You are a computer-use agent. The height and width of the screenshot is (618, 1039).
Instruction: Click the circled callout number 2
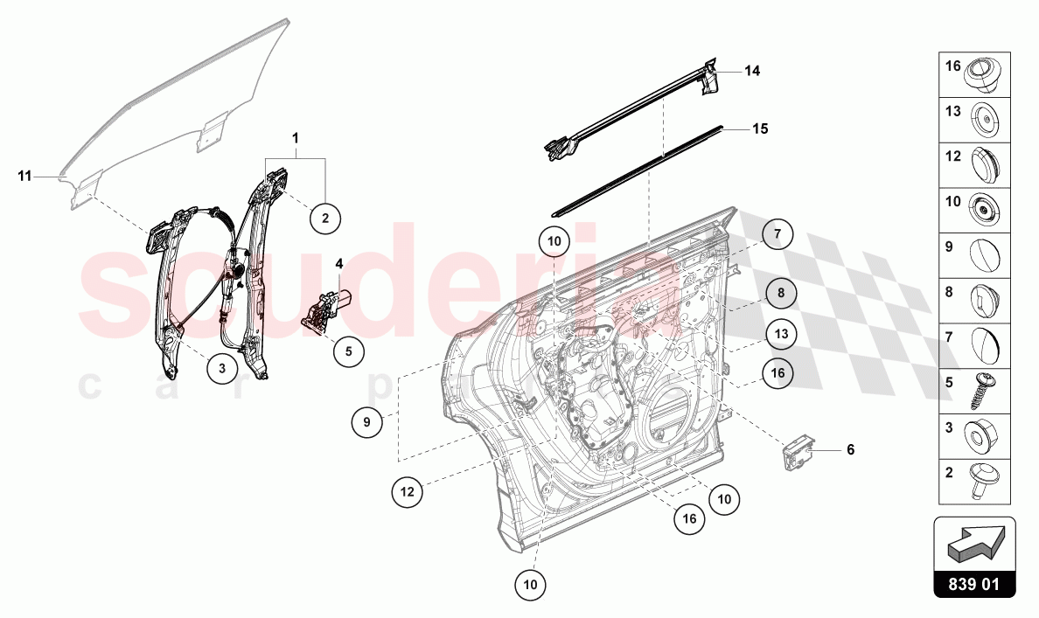[x=324, y=218]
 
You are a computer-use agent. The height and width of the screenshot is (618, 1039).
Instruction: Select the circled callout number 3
[x=222, y=369]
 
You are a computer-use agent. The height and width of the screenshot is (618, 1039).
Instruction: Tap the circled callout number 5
[x=348, y=351]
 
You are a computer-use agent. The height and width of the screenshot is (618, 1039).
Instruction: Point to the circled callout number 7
[x=776, y=235]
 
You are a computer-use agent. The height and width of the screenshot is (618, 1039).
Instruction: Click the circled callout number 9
[x=367, y=423]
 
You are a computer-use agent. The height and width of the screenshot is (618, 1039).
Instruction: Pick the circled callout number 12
[x=408, y=492]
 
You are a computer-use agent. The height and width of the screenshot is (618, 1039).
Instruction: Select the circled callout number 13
[x=781, y=334]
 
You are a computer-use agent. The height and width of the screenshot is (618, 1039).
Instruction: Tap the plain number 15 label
[x=760, y=128]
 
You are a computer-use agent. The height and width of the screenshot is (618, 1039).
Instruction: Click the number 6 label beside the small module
[x=849, y=450]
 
